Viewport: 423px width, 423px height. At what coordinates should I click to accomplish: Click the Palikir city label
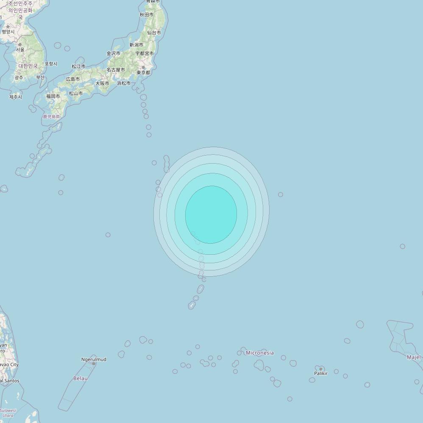tap(321, 373)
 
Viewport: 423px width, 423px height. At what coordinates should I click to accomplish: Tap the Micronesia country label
tap(260, 353)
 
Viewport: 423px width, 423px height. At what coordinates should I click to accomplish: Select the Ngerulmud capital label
tap(94, 359)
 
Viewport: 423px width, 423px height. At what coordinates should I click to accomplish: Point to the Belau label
tap(81, 378)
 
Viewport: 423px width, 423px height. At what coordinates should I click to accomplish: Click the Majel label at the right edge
tap(414, 357)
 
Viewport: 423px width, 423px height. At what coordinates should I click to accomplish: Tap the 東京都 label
tap(143, 72)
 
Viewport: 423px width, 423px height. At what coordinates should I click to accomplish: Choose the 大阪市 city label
tap(102, 83)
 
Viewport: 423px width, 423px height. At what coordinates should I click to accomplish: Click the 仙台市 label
tap(154, 33)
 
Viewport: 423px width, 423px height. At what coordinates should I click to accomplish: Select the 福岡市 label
tap(53, 96)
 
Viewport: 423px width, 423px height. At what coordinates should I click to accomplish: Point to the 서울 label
tap(20, 50)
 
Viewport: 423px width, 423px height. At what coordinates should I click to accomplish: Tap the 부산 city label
tap(40, 77)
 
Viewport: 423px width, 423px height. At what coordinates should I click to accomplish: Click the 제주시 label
tap(15, 97)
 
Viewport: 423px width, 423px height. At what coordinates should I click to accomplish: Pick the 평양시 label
tap(8, 32)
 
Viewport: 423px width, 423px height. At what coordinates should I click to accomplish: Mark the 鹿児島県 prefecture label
tap(52, 117)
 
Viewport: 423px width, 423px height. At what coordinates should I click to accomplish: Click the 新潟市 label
tap(136, 45)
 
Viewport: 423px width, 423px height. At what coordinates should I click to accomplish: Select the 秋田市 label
tap(147, 15)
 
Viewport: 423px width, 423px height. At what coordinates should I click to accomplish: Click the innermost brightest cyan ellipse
tap(211, 214)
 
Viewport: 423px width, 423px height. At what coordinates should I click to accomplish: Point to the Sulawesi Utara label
tap(8, 413)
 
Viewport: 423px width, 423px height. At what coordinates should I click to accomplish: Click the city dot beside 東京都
tap(143, 67)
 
